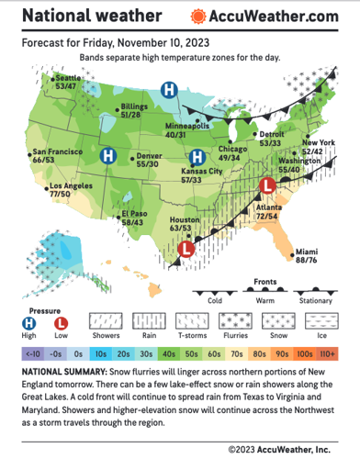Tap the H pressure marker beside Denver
[x=107, y=155]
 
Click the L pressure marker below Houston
[x=186, y=247]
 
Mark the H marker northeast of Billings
[x=170, y=89]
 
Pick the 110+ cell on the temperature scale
[x=327, y=353]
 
